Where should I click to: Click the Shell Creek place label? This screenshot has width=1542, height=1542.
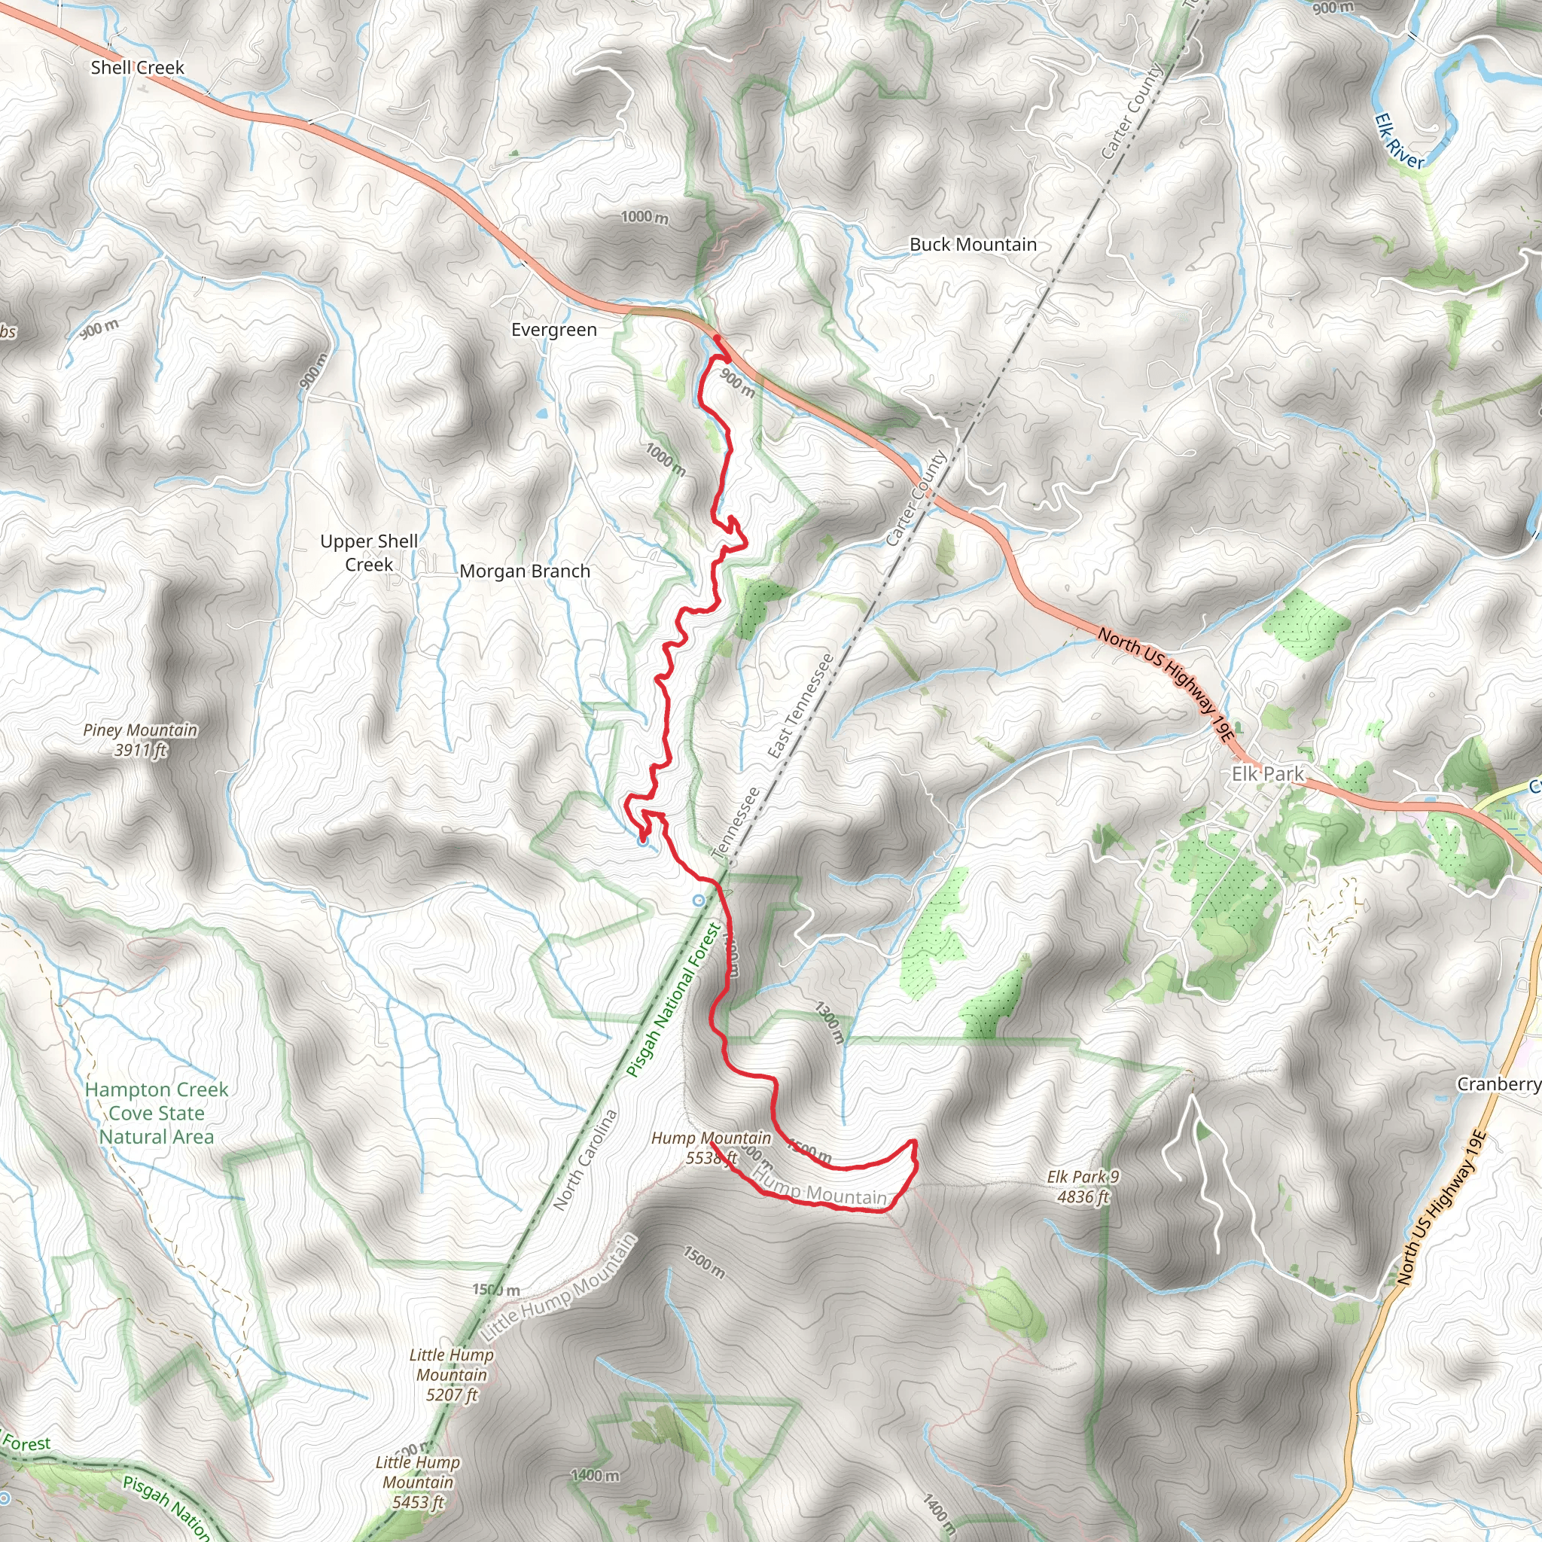click(137, 68)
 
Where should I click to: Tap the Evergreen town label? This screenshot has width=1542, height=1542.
click(554, 330)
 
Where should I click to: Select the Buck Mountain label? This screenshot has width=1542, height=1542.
click(973, 245)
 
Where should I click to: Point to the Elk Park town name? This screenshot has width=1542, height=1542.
click(1267, 773)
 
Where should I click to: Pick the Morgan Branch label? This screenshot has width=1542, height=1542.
click(524, 571)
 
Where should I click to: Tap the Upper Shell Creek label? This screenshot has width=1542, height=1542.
click(369, 553)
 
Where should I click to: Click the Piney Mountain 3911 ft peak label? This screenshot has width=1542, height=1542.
click(141, 739)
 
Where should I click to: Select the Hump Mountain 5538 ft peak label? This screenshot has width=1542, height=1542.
click(711, 1147)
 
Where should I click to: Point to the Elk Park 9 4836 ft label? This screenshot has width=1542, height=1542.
click(1083, 1186)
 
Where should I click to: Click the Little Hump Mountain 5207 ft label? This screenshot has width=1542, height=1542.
click(452, 1374)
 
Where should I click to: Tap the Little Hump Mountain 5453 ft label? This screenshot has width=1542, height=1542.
click(417, 1482)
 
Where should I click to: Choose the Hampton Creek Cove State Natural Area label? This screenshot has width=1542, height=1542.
click(157, 1113)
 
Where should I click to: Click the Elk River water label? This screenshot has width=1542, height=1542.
click(1398, 142)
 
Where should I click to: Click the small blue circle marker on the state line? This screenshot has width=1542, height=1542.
click(699, 901)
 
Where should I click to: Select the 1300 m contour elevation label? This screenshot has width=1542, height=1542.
click(829, 1022)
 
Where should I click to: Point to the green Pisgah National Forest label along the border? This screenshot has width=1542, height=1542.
click(675, 1001)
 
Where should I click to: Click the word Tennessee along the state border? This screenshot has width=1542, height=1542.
click(735, 823)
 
